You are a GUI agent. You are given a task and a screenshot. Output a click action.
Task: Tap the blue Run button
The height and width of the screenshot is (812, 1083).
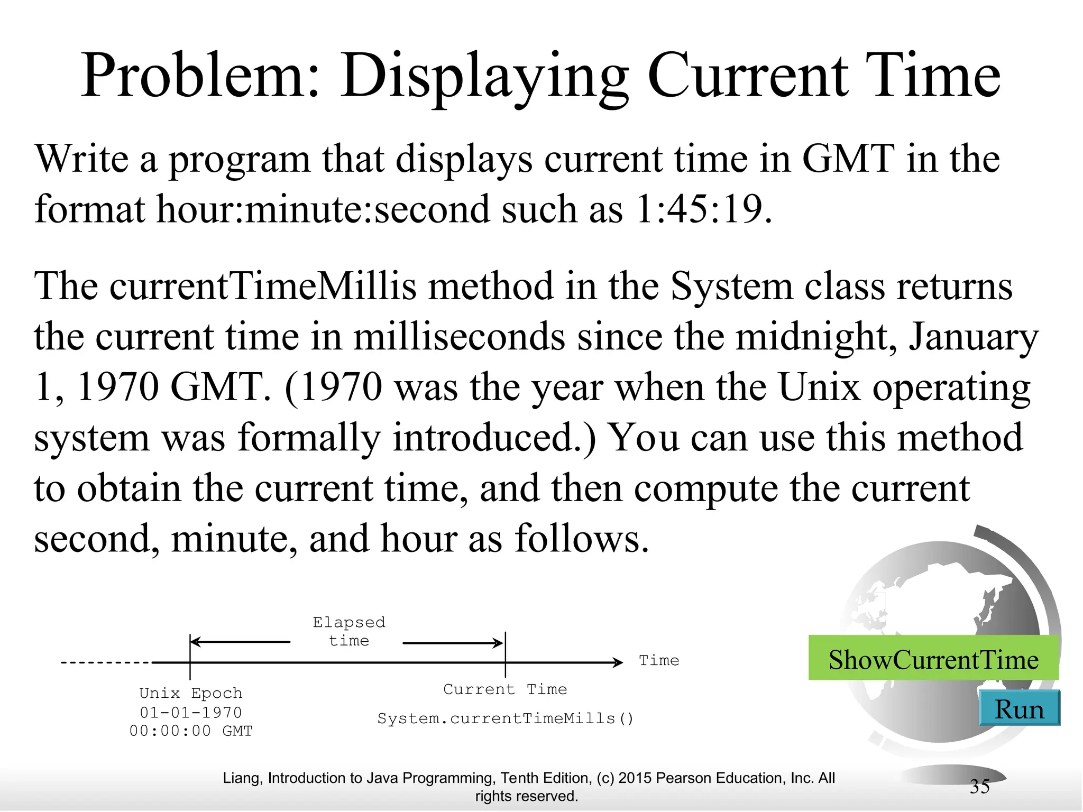click(x=1019, y=709)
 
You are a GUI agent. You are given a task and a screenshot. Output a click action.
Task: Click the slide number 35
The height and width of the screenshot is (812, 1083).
click(x=979, y=787)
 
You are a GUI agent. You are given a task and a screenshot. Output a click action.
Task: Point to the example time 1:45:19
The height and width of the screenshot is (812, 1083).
click(x=700, y=209)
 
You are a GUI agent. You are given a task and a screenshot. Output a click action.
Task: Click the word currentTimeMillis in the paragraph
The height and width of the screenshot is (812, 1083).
click(x=263, y=287)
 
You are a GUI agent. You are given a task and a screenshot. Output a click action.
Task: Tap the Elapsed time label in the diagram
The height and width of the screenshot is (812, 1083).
click(x=349, y=631)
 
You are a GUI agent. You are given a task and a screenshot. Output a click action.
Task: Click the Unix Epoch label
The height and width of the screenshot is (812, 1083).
click(x=190, y=693)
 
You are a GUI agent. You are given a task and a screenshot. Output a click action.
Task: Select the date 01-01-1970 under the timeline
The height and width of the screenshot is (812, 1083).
click(x=190, y=712)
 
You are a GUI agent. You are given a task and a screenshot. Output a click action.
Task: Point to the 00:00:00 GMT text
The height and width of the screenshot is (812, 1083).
click(x=191, y=731)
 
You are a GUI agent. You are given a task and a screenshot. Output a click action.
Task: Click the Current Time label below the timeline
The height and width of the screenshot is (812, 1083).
click(x=504, y=689)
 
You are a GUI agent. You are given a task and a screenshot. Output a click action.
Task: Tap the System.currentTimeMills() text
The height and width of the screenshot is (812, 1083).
click(x=504, y=718)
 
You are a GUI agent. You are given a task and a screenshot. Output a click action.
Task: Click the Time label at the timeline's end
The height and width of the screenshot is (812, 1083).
click(x=658, y=660)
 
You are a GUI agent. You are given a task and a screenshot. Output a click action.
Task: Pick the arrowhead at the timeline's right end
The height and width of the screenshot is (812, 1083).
click(x=618, y=662)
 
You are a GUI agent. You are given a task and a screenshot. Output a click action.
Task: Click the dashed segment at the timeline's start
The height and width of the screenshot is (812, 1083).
click(x=106, y=662)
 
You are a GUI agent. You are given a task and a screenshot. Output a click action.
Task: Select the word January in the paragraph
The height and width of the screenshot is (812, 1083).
click(x=973, y=337)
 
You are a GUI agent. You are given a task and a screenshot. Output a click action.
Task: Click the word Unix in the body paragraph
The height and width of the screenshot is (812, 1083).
click(x=819, y=387)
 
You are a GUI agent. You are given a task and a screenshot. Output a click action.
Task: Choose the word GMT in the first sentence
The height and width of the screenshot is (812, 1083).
click(x=848, y=159)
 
